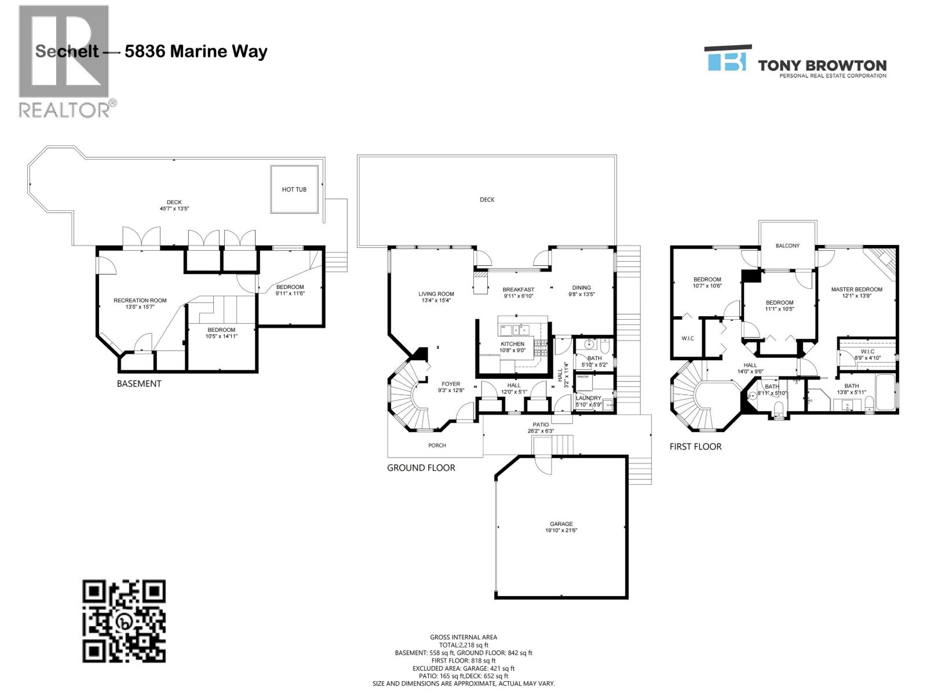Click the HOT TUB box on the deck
point(294,189)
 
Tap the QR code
point(124,621)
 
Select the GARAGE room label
point(561,524)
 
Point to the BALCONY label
point(787,246)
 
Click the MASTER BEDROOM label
point(856,289)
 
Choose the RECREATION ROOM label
point(140,300)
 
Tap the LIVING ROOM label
point(436,294)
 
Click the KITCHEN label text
point(512,344)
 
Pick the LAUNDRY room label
point(588,398)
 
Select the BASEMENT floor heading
point(139,383)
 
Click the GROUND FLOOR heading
point(421,467)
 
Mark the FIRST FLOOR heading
point(695,447)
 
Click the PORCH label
point(437,445)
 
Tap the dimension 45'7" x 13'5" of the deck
point(174,209)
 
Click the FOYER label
point(451,384)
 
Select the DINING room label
point(581,287)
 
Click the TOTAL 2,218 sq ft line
point(463,645)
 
